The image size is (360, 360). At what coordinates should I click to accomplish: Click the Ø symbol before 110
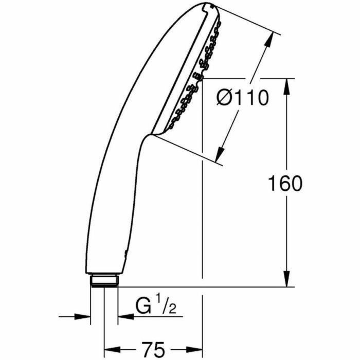(225, 97)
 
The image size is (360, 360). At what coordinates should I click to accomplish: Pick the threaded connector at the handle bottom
(105, 281)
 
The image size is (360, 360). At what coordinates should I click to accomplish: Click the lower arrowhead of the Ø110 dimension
(220, 152)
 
